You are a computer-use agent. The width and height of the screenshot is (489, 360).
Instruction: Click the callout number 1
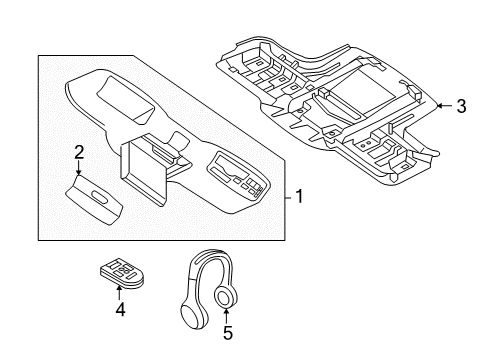pos(298,196)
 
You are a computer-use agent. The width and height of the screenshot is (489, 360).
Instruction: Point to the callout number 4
pos(120,309)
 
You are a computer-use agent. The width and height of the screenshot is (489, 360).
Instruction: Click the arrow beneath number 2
pos(79,168)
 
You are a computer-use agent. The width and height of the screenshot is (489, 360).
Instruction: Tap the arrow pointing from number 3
pos(444,104)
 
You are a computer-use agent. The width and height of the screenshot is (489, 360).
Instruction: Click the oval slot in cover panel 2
pos(98,194)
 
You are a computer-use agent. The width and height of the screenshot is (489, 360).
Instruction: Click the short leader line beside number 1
pos(285,196)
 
